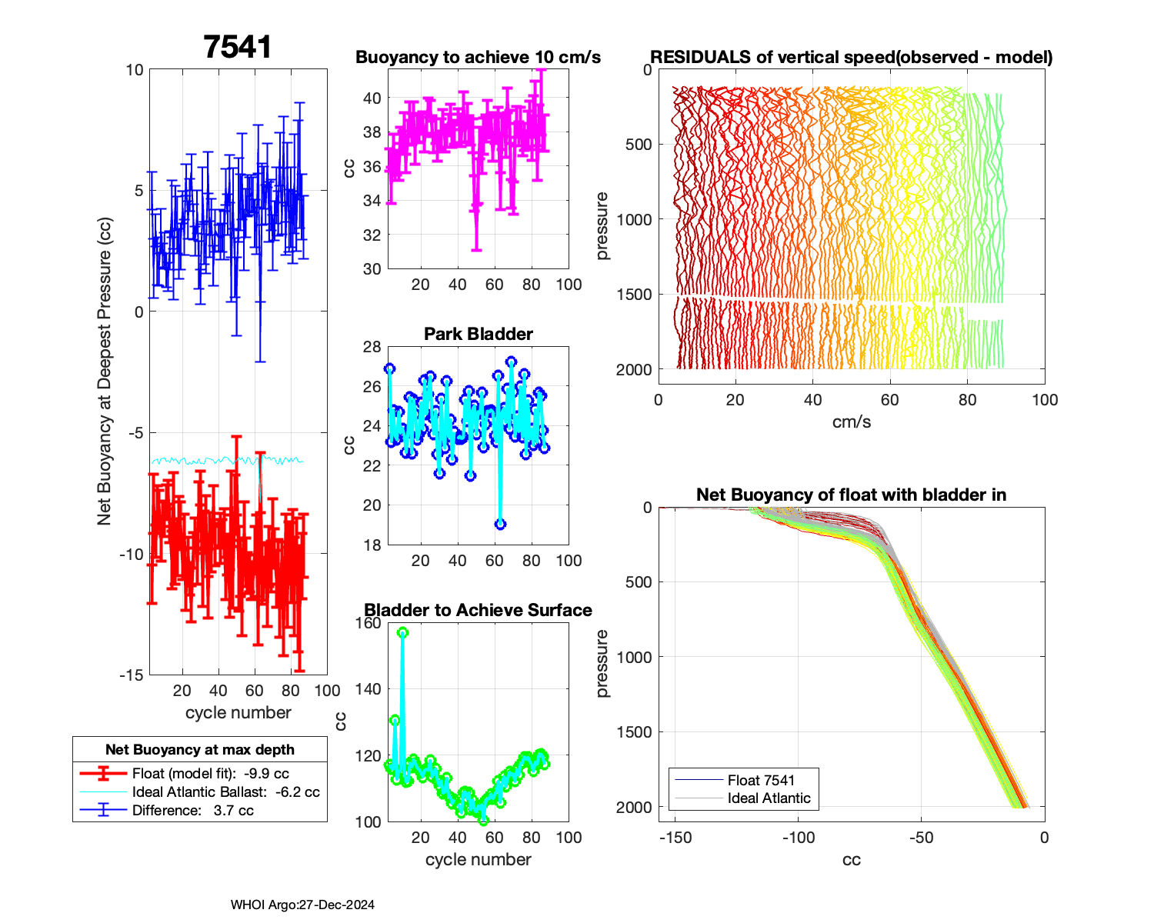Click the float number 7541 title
pos(238,48)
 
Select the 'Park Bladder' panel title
pos(479,334)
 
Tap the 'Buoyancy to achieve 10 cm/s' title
pos(478,58)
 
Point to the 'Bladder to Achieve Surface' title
pos(478,611)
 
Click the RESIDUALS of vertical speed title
pos(851,58)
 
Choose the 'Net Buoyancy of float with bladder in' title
pos(851,495)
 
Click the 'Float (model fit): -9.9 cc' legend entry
pos(210,774)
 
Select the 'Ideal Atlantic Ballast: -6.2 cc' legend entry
pos(225,792)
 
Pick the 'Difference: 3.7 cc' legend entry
pos(192,811)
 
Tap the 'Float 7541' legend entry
pos(761,780)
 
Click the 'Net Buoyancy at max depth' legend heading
pos(200,750)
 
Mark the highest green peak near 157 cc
pos(402,632)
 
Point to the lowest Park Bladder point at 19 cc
pos(500,525)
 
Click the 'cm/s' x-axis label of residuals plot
pos(851,422)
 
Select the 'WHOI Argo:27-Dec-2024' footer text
pos(302,905)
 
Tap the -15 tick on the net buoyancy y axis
pos(132,675)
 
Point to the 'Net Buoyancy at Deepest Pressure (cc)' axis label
pos(105,372)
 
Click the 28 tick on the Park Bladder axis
pos(372,347)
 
